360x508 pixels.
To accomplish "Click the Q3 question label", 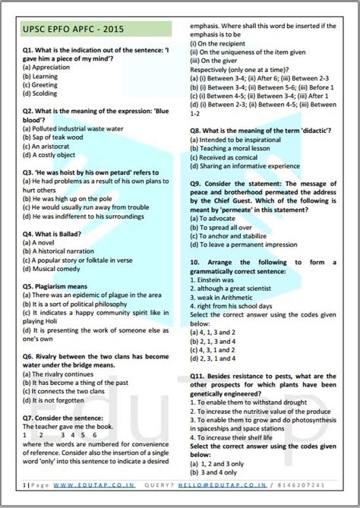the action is (30, 172).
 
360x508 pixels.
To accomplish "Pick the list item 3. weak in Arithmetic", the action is (226, 297).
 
